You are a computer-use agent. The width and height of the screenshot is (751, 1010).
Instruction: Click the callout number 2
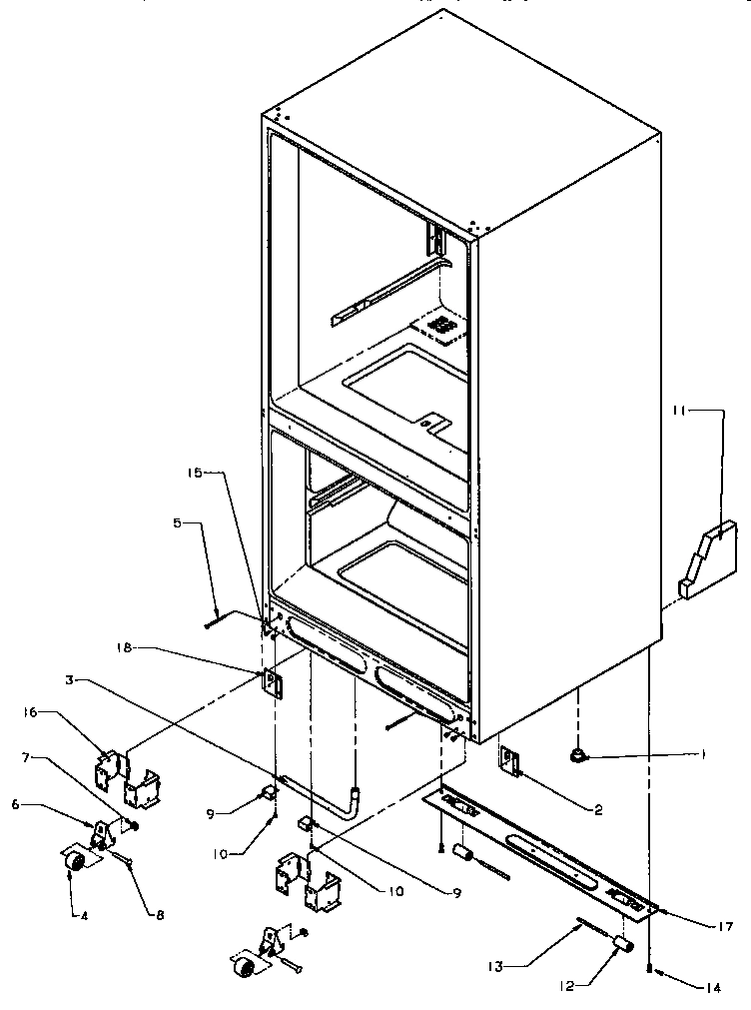[597, 811]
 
